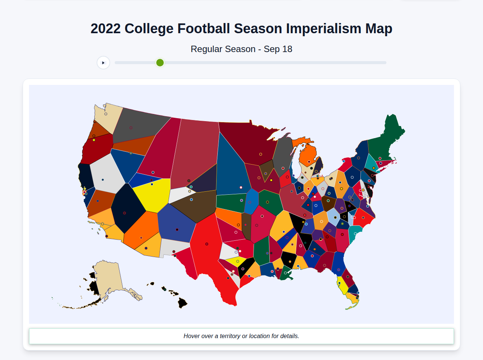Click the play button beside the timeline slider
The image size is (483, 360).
[103, 63]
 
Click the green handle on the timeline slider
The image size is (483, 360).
[160, 63]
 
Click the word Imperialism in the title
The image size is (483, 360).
[324, 29]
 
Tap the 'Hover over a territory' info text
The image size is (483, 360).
[241, 336]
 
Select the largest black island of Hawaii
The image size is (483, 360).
[183, 302]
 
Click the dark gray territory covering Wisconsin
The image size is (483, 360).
[282, 155]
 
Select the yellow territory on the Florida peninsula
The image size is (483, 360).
[343, 286]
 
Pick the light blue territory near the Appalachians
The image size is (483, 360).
[333, 216]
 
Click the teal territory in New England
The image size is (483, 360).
[372, 162]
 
